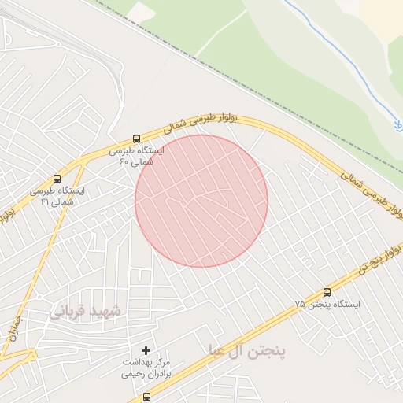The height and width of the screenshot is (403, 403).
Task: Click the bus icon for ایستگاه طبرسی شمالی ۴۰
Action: pos(137,138)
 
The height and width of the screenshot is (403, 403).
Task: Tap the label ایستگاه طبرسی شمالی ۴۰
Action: pos(137,156)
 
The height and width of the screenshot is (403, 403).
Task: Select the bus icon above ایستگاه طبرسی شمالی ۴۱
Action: pos(56,179)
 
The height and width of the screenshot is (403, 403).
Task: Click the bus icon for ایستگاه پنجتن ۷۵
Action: pos(327,292)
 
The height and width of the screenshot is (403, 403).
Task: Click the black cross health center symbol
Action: pos(146,349)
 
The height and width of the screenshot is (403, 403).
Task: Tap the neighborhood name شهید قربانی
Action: pos(87,312)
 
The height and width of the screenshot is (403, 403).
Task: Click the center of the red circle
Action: pos(201,201)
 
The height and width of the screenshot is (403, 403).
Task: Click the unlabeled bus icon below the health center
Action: pos(146,397)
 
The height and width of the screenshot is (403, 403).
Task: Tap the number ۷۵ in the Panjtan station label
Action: pos(299,304)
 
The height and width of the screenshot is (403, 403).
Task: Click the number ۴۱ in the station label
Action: pos(45,202)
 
